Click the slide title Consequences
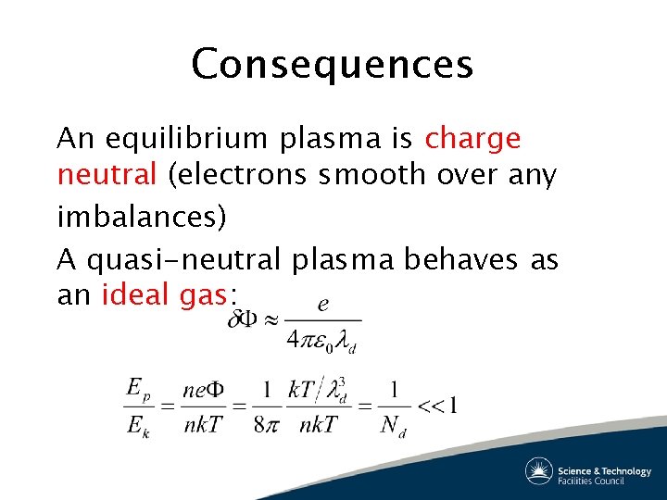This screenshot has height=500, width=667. point(333,65)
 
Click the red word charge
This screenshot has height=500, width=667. point(472,139)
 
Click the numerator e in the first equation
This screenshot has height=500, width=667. point(322,303)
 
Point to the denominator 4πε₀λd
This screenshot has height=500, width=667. point(321,341)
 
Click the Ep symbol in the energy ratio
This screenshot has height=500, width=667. point(137,388)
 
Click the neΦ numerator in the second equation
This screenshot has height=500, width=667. point(206,389)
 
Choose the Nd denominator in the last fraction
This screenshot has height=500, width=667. point(393,425)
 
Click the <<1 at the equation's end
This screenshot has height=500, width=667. point(438,405)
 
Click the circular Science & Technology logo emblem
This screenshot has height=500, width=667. point(539,471)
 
